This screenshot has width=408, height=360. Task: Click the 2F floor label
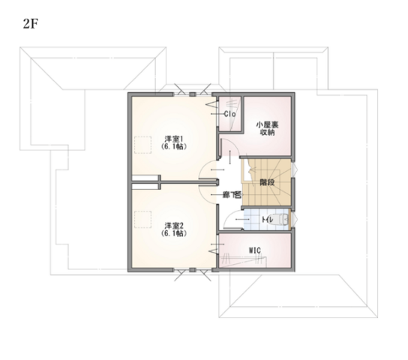pos(31,22)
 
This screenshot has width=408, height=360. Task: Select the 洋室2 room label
pos(174,224)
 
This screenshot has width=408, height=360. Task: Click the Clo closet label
pos(232,115)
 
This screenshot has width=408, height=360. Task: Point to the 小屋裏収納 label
pos(267,127)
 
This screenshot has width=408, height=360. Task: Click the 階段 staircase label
pos(267,181)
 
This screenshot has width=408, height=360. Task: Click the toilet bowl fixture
pos(281,220)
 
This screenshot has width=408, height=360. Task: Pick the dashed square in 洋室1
pos(144,145)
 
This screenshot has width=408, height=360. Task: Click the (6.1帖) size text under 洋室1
pos(174,147)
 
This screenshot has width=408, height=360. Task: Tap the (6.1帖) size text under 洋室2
pos(174,233)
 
